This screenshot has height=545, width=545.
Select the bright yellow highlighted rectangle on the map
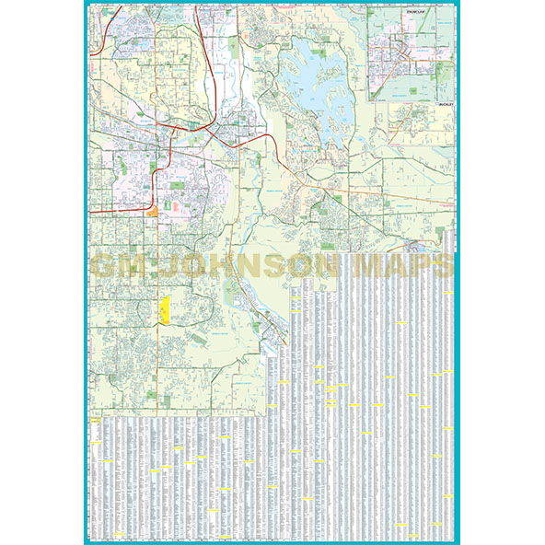pos(164,310)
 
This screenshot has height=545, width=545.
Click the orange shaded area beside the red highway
pos(152,211)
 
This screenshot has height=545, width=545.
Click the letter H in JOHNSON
pos(222,266)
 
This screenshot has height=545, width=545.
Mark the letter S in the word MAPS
pos(443,266)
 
